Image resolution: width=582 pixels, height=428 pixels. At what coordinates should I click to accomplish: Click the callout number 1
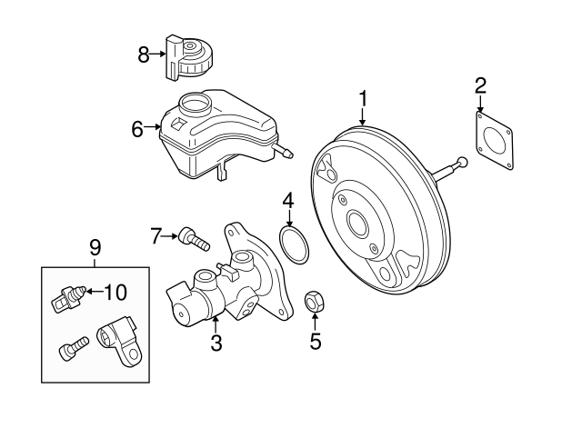(363, 97)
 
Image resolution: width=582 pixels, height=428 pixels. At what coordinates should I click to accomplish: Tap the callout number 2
(481, 86)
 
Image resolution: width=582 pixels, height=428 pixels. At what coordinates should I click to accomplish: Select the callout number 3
(216, 343)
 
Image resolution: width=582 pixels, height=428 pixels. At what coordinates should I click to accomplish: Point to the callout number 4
(287, 199)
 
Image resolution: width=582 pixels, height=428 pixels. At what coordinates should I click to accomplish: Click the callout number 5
(316, 342)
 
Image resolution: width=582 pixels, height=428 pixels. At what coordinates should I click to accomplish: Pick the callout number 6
(137, 129)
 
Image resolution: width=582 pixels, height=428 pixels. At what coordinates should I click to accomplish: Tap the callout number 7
(156, 237)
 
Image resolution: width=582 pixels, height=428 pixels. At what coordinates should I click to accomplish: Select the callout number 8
(144, 55)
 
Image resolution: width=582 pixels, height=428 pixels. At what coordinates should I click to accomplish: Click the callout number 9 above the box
(95, 245)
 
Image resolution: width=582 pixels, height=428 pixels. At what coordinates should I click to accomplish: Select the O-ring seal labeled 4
(292, 245)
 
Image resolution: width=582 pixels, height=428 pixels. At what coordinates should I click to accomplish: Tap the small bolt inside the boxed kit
(72, 348)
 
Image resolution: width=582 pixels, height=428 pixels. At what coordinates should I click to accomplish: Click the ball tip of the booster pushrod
(462, 163)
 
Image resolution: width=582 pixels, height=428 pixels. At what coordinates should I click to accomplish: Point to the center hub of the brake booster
(357, 224)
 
